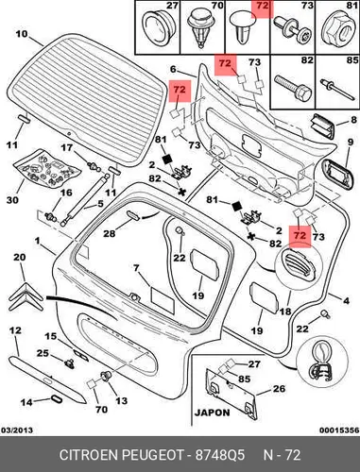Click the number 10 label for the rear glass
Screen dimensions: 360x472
[x=22, y=34]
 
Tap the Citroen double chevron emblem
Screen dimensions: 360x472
[x=26, y=296]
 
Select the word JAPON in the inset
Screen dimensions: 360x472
[x=213, y=413]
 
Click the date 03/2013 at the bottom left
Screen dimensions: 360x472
[x=17, y=430]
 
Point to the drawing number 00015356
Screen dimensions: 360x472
[x=339, y=430]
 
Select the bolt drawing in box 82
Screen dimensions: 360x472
[x=293, y=88]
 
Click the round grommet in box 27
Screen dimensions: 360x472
[x=159, y=25]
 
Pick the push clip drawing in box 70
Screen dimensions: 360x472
[x=200, y=28]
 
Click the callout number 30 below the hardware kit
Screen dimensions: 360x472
[x=12, y=200]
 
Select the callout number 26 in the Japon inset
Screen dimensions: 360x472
[x=279, y=389]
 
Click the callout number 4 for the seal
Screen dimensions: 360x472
[x=346, y=301]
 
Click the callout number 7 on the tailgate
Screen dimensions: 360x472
[x=136, y=268]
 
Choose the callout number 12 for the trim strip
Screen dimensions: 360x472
[x=15, y=330]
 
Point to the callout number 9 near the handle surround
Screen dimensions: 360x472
[x=351, y=143]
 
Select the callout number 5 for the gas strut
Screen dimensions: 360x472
[x=100, y=203]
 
